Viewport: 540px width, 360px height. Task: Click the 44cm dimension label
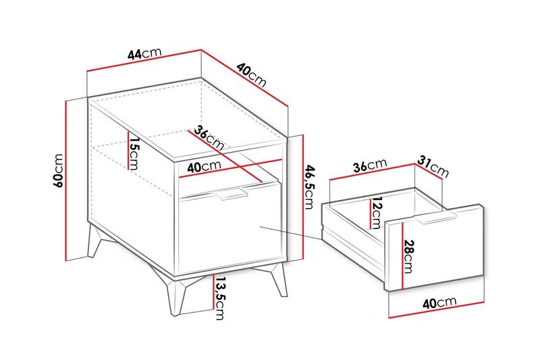(x=144, y=53)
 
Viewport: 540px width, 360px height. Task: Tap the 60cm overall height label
(x=58, y=170)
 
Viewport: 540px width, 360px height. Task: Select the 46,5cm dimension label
(x=310, y=186)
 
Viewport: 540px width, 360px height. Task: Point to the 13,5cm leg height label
(x=219, y=299)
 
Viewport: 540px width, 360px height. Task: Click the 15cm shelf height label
(x=134, y=153)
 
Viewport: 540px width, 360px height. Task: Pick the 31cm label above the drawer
(x=433, y=166)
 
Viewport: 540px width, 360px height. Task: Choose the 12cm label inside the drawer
(x=376, y=213)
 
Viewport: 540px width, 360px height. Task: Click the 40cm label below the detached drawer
(x=439, y=303)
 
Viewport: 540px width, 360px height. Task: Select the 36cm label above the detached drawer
(x=370, y=165)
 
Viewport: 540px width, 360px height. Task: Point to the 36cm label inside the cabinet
(x=209, y=138)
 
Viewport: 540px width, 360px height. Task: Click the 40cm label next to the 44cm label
(x=251, y=75)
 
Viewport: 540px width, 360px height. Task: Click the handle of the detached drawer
(x=435, y=218)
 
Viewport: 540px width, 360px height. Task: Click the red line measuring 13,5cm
(x=213, y=292)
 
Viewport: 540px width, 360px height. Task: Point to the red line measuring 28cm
(x=402, y=255)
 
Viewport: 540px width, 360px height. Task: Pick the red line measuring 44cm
(x=144, y=61)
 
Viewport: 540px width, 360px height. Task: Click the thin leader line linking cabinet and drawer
(x=290, y=233)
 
